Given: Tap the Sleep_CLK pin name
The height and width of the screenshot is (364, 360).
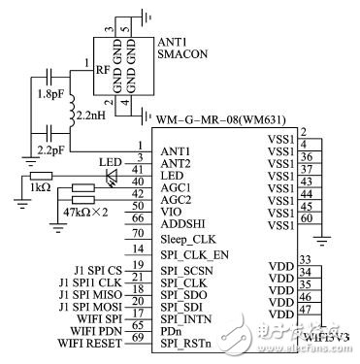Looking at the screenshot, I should click(x=190, y=237).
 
